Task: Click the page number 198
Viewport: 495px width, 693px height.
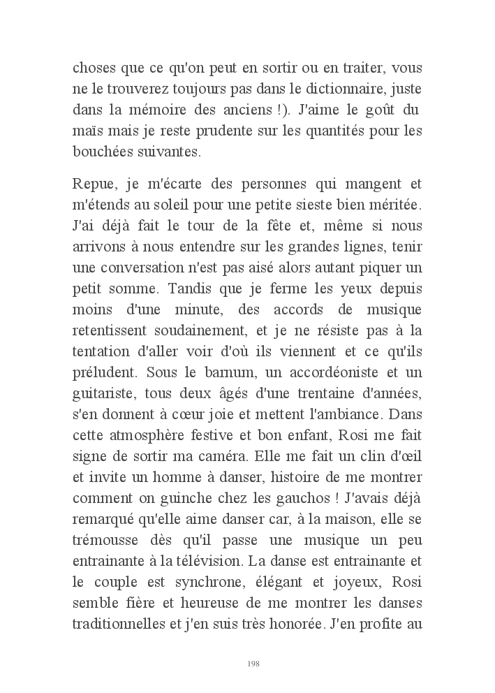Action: click(253, 663)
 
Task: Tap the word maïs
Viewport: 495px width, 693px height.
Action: click(87, 131)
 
